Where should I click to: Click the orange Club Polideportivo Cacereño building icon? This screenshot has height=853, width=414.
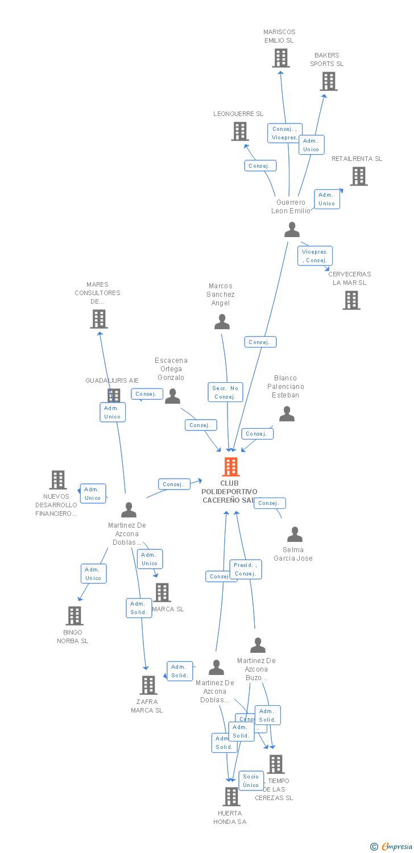point(230,467)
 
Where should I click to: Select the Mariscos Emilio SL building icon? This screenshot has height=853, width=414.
point(280,58)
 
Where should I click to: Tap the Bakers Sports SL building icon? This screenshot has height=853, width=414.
point(328,81)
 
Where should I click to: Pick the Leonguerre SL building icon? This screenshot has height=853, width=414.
point(240,131)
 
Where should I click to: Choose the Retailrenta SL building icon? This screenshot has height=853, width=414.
point(358,176)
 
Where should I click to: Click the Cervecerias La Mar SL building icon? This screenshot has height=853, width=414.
point(351,300)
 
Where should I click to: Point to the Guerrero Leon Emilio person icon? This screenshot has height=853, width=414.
point(292,230)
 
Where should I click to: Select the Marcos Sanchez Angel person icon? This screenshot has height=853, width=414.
point(222,322)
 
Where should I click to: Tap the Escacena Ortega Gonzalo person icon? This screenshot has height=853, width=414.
point(172,396)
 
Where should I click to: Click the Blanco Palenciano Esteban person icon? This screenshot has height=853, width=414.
point(287,414)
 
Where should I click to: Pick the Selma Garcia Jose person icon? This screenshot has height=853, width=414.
point(295,535)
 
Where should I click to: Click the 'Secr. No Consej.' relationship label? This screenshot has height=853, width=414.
point(225,392)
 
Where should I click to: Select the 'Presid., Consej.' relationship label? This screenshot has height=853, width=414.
point(246,569)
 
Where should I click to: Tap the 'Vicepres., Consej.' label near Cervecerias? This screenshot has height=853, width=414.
point(315,256)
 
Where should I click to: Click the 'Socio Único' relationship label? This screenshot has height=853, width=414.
point(251,781)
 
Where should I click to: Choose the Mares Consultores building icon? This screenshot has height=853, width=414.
point(99,319)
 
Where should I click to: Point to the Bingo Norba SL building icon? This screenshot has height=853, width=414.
point(74,615)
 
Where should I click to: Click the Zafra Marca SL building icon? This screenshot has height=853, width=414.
point(148,685)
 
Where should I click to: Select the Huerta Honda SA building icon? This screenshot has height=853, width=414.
point(231,797)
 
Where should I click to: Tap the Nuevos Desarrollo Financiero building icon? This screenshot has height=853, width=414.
point(57,480)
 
